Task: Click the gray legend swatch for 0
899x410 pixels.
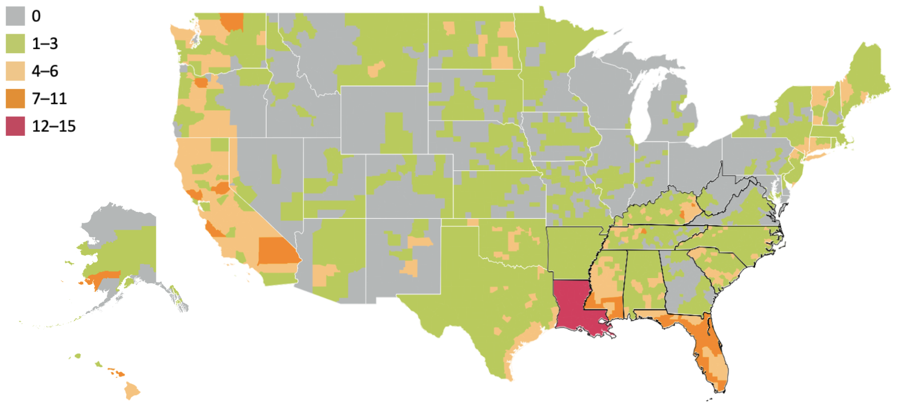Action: (x=15, y=16)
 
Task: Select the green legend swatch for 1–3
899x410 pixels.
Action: (x=15, y=43)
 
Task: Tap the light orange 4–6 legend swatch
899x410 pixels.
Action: (x=15, y=71)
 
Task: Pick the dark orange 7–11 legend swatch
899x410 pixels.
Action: (x=15, y=98)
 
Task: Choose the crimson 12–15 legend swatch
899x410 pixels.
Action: (x=15, y=126)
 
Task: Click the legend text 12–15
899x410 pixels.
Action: (x=54, y=126)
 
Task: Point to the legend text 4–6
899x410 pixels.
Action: (x=45, y=71)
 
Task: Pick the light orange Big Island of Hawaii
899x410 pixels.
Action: (x=132, y=391)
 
